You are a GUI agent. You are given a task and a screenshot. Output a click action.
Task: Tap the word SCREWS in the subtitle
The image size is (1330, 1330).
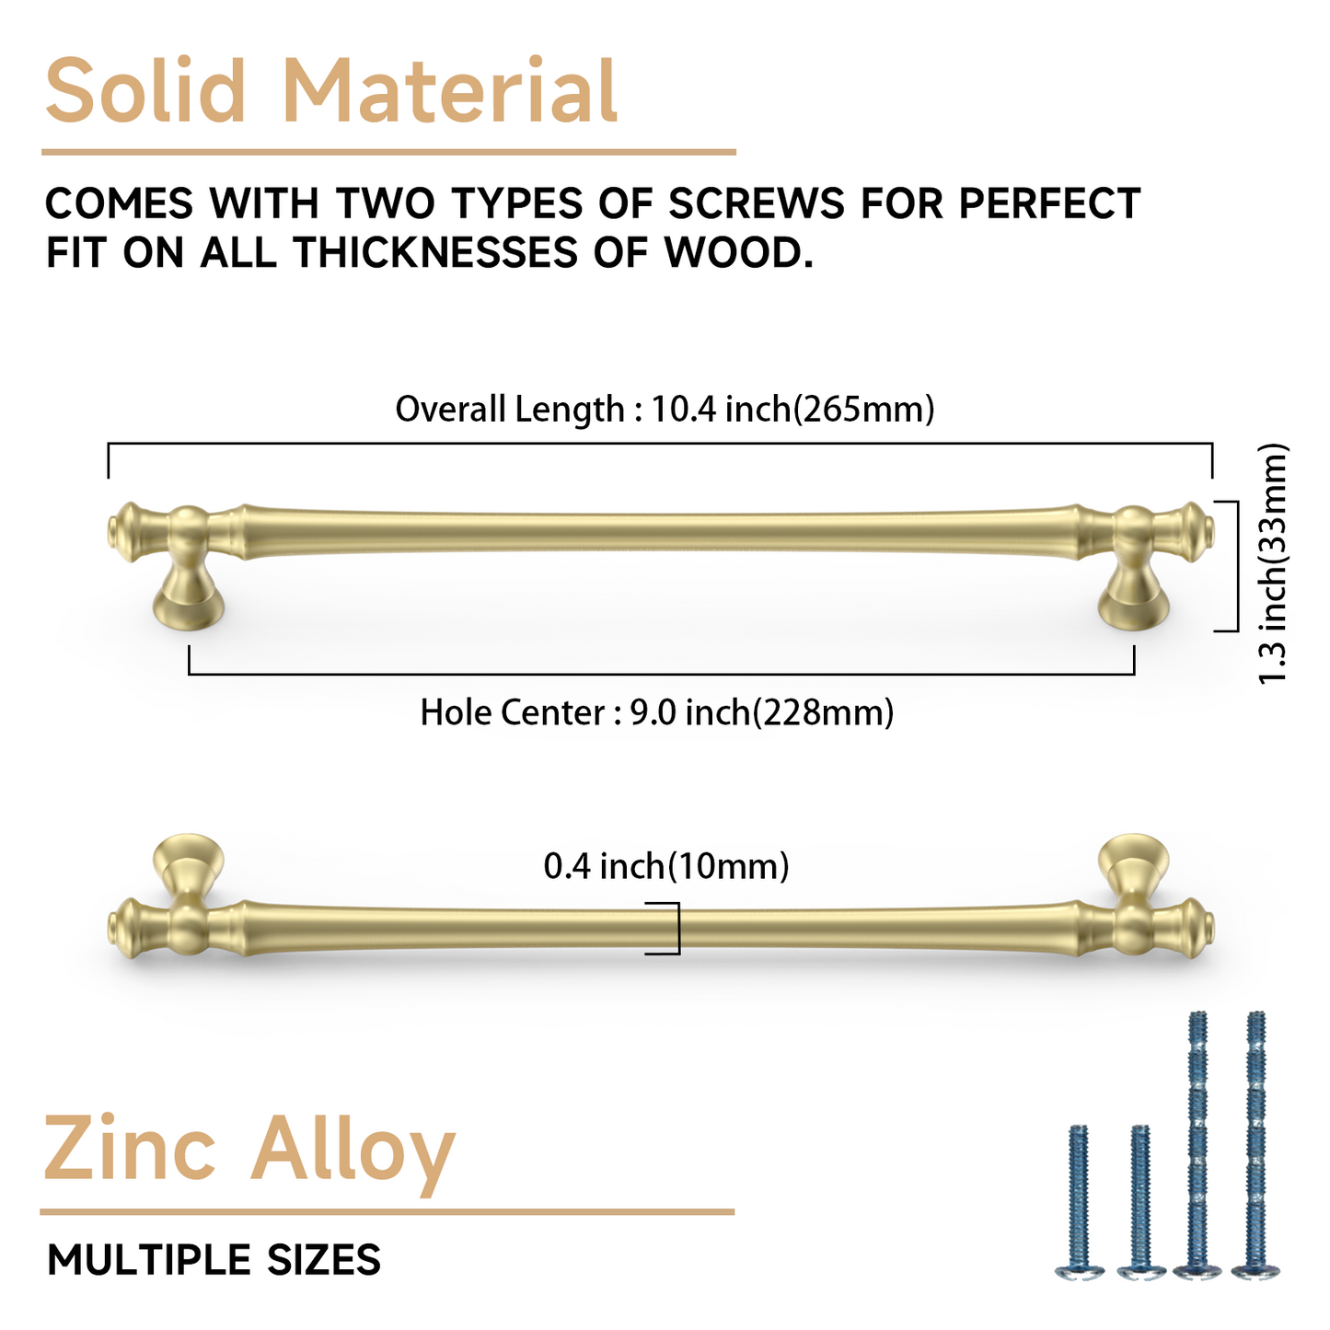[756, 203]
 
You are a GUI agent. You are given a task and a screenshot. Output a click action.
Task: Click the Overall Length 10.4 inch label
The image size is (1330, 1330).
[665, 408]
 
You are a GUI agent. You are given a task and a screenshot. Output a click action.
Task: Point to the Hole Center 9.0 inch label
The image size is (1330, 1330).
[657, 711]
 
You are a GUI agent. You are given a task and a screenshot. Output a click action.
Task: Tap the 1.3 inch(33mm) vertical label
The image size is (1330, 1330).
[1274, 564]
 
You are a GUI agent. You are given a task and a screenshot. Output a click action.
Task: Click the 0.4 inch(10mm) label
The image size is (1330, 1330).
[666, 865]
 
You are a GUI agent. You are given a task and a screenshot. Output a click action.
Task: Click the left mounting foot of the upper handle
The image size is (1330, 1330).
[188, 603]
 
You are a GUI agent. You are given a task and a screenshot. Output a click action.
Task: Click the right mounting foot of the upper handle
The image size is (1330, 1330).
[1134, 603]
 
